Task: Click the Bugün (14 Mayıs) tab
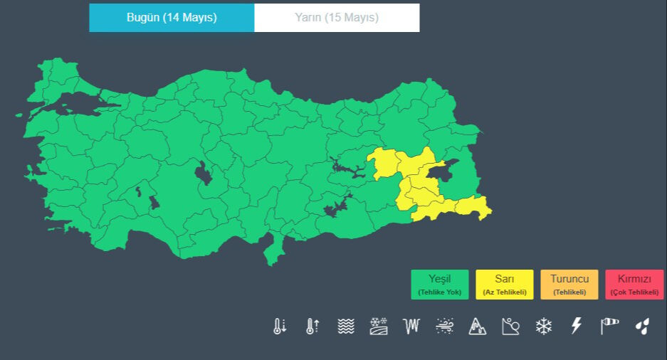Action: pyautogui.click(x=172, y=18)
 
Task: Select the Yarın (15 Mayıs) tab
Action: pyautogui.click(x=337, y=18)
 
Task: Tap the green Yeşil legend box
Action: pyautogui.click(x=440, y=284)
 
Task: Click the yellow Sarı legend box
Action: pyautogui.click(x=505, y=284)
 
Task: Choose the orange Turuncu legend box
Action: pyautogui.click(x=569, y=284)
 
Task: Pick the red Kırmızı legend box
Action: pyautogui.click(x=634, y=284)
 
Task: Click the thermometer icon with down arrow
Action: pyautogui.click(x=280, y=327)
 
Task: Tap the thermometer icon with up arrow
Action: pyautogui.click(x=313, y=327)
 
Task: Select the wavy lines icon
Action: pyautogui.click(x=346, y=327)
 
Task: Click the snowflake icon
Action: pyautogui.click(x=544, y=327)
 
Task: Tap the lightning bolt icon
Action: pyautogui.click(x=577, y=327)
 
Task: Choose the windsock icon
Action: pyautogui.click(x=610, y=327)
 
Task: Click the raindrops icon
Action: pyautogui.click(x=643, y=327)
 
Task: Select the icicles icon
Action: pyautogui.click(x=411, y=327)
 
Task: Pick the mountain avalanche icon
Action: pyautogui.click(x=478, y=327)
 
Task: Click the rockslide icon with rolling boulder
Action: pyautogui.click(x=510, y=327)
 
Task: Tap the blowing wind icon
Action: pyautogui.click(x=445, y=327)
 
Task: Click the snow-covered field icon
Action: pyautogui.click(x=379, y=327)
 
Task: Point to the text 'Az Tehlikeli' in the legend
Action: pyautogui.click(x=505, y=292)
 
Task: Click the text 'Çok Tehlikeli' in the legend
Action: pyautogui.click(x=634, y=292)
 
